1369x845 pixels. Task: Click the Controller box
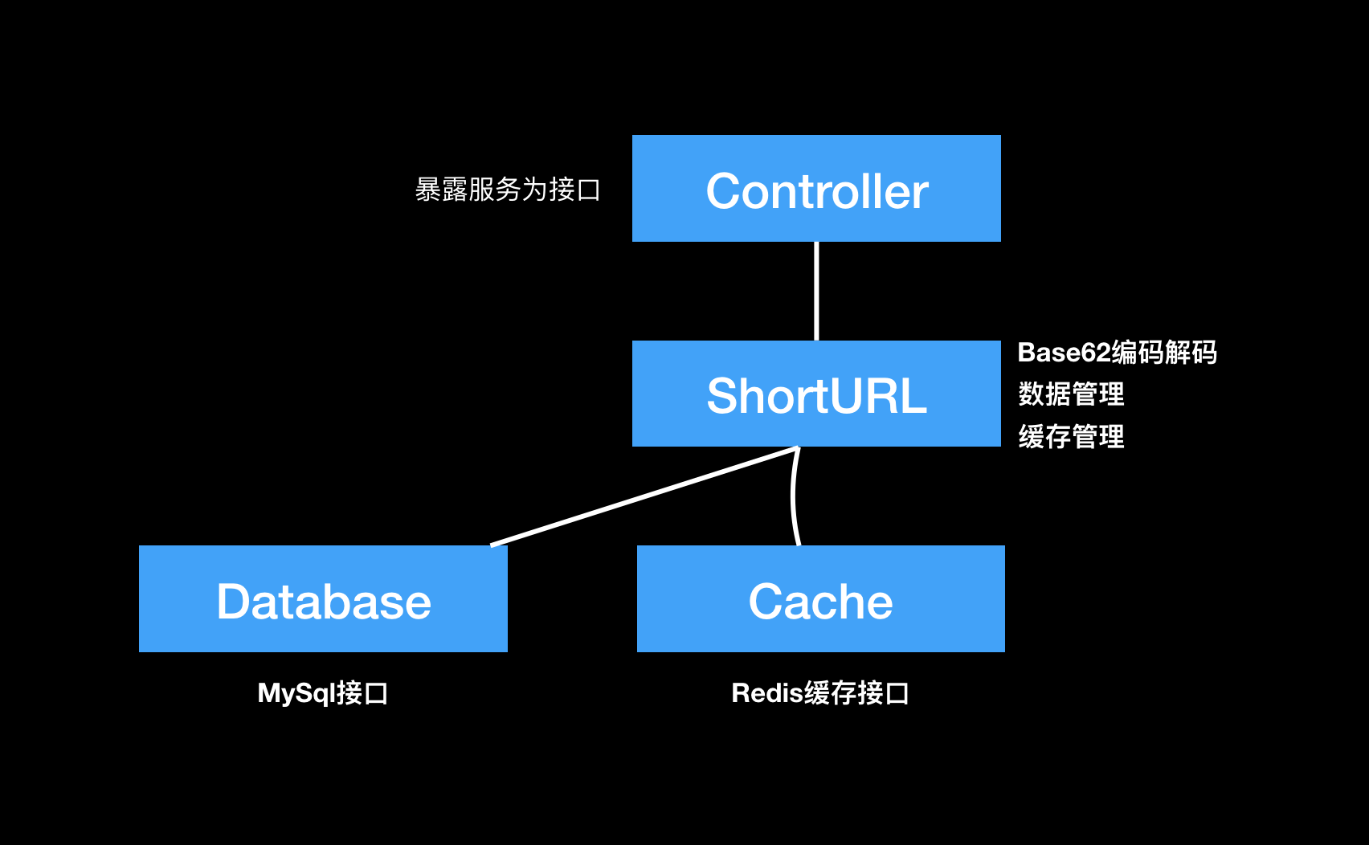tap(816, 188)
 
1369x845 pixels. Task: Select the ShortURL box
tap(816, 394)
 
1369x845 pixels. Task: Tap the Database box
tap(323, 598)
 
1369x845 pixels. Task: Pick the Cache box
tap(821, 598)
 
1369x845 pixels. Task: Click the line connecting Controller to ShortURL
tap(816, 291)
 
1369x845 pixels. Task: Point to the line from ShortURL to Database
tap(645, 496)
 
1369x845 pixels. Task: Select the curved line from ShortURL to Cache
tap(793, 496)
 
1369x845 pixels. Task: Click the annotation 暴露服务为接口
tap(507, 190)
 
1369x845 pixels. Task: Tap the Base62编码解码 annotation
tap(1118, 353)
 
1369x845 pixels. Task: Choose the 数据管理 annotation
tap(1072, 394)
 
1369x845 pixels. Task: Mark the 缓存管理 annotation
tap(1072, 437)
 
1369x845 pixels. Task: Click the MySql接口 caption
tap(323, 693)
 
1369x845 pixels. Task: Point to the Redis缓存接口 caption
tap(820, 693)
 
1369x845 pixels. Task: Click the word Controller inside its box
tap(817, 191)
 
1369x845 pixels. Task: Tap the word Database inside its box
tap(324, 602)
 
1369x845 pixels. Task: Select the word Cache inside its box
tap(821, 602)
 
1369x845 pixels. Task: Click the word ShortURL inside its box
tap(816, 396)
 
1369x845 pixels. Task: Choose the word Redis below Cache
tap(767, 693)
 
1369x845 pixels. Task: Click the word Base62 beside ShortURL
tap(1064, 353)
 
